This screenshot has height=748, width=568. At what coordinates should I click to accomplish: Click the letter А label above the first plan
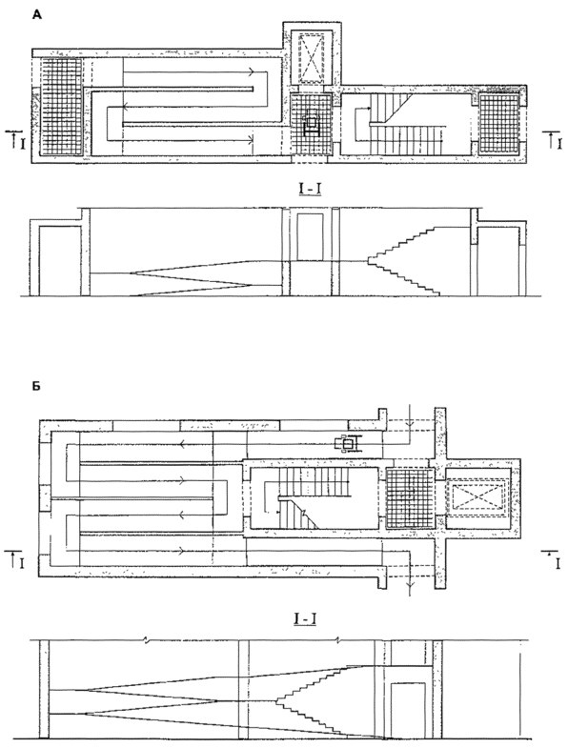37,16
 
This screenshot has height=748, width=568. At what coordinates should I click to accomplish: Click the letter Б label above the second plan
36,387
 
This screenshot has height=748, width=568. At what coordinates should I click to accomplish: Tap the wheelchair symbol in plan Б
348,444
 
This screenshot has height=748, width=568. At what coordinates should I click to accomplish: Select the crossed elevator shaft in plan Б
477,496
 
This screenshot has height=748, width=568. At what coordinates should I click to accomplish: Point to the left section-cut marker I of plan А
15,139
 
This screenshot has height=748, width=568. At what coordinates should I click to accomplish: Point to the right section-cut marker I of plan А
552,140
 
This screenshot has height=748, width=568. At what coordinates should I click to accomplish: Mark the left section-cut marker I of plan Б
15,560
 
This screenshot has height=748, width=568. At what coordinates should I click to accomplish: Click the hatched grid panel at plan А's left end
60,106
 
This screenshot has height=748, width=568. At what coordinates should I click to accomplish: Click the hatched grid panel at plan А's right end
498,124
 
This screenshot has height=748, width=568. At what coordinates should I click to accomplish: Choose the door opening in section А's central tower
310,237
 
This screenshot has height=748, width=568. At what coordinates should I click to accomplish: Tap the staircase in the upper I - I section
404,260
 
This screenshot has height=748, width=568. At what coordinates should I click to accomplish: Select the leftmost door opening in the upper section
60,261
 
